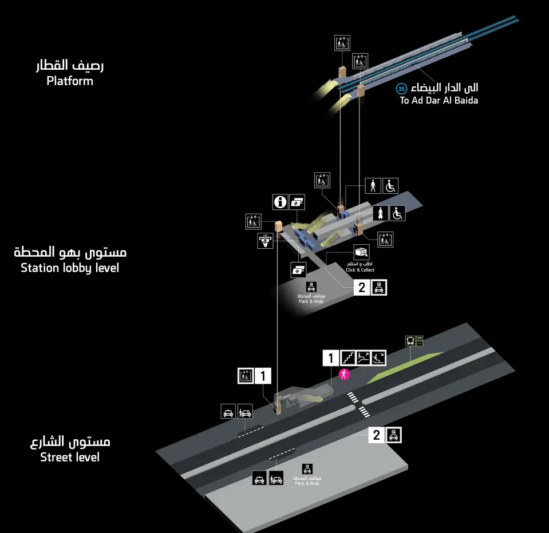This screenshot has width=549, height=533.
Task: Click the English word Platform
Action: point(70,81)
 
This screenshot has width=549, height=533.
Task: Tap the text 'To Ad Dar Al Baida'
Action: point(439,101)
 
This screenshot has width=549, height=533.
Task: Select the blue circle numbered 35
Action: point(401,89)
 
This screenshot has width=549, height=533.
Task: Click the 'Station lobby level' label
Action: point(70,268)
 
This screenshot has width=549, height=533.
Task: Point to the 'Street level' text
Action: point(70,457)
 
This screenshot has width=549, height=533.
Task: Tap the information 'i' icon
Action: point(280,201)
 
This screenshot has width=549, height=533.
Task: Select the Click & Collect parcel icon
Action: point(361,253)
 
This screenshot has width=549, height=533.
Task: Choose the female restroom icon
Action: point(381,213)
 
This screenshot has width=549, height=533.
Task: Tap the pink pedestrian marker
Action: point(344,375)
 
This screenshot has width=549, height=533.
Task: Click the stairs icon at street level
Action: point(348,358)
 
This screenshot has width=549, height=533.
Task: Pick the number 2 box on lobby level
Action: point(362,288)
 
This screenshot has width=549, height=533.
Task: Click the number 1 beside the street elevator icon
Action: point(263,376)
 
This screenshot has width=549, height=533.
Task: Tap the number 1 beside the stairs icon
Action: point(330,359)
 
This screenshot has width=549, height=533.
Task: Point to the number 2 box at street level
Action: point(376,435)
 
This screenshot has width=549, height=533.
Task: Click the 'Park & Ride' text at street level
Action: point(307,483)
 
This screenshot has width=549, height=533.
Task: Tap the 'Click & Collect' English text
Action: point(360,270)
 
